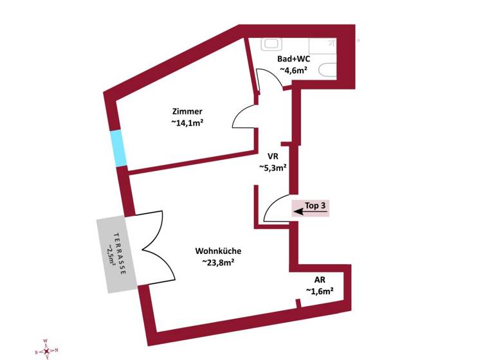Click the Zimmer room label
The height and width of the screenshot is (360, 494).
click(x=192, y=111)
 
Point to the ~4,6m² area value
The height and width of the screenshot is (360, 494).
click(x=293, y=70)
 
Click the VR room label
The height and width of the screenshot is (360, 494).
click(x=272, y=156)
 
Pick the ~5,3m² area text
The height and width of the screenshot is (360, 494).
click(x=272, y=168)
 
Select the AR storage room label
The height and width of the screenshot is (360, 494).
click(x=320, y=280)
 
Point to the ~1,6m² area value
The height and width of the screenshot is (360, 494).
click(x=320, y=291)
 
